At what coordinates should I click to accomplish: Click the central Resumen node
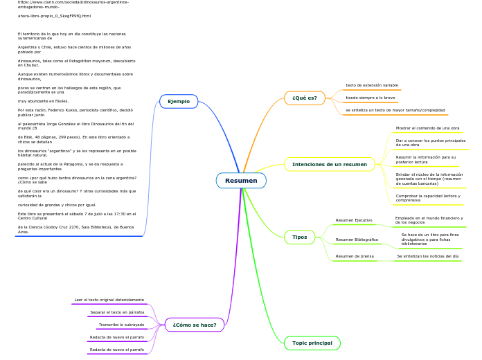click(241, 181)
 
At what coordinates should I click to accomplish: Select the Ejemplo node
click(179, 101)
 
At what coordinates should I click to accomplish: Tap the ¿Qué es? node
click(304, 98)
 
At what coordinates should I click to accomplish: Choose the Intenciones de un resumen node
click(329, 164)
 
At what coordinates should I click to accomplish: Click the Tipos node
click(299, 237)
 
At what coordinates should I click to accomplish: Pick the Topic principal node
click(312, 343)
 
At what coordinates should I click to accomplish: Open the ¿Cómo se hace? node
click(194, 325)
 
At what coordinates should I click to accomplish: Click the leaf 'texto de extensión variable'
click(372, 85)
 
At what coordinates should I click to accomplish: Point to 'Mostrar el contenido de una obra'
click(427, 128)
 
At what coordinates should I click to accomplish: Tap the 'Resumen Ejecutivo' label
click(354, 220)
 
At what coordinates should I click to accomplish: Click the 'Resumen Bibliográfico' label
click(357, 240)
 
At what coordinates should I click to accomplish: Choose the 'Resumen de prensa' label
click(355, 256)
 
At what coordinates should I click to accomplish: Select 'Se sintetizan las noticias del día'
click(427, 256)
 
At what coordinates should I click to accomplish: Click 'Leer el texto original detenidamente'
click(109, 300)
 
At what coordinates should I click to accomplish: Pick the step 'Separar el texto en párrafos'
click(117, 312)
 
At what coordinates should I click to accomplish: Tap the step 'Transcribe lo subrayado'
click(121, 325)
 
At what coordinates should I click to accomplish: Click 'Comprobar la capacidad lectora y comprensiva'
click(427, 198)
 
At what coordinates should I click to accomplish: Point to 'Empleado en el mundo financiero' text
click(429, 220)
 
